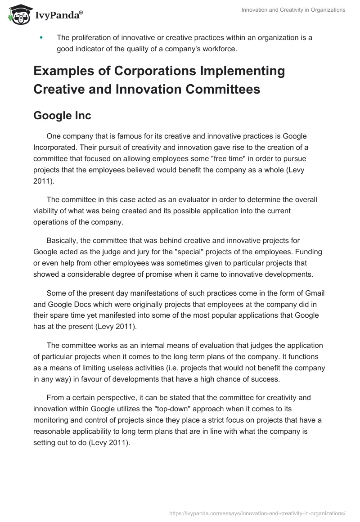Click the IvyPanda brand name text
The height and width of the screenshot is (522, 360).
(58, 16)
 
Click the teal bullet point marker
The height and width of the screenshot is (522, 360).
(41, 38)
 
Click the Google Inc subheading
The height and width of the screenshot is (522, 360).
(62, 116)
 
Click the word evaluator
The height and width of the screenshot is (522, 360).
(188, 200)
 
